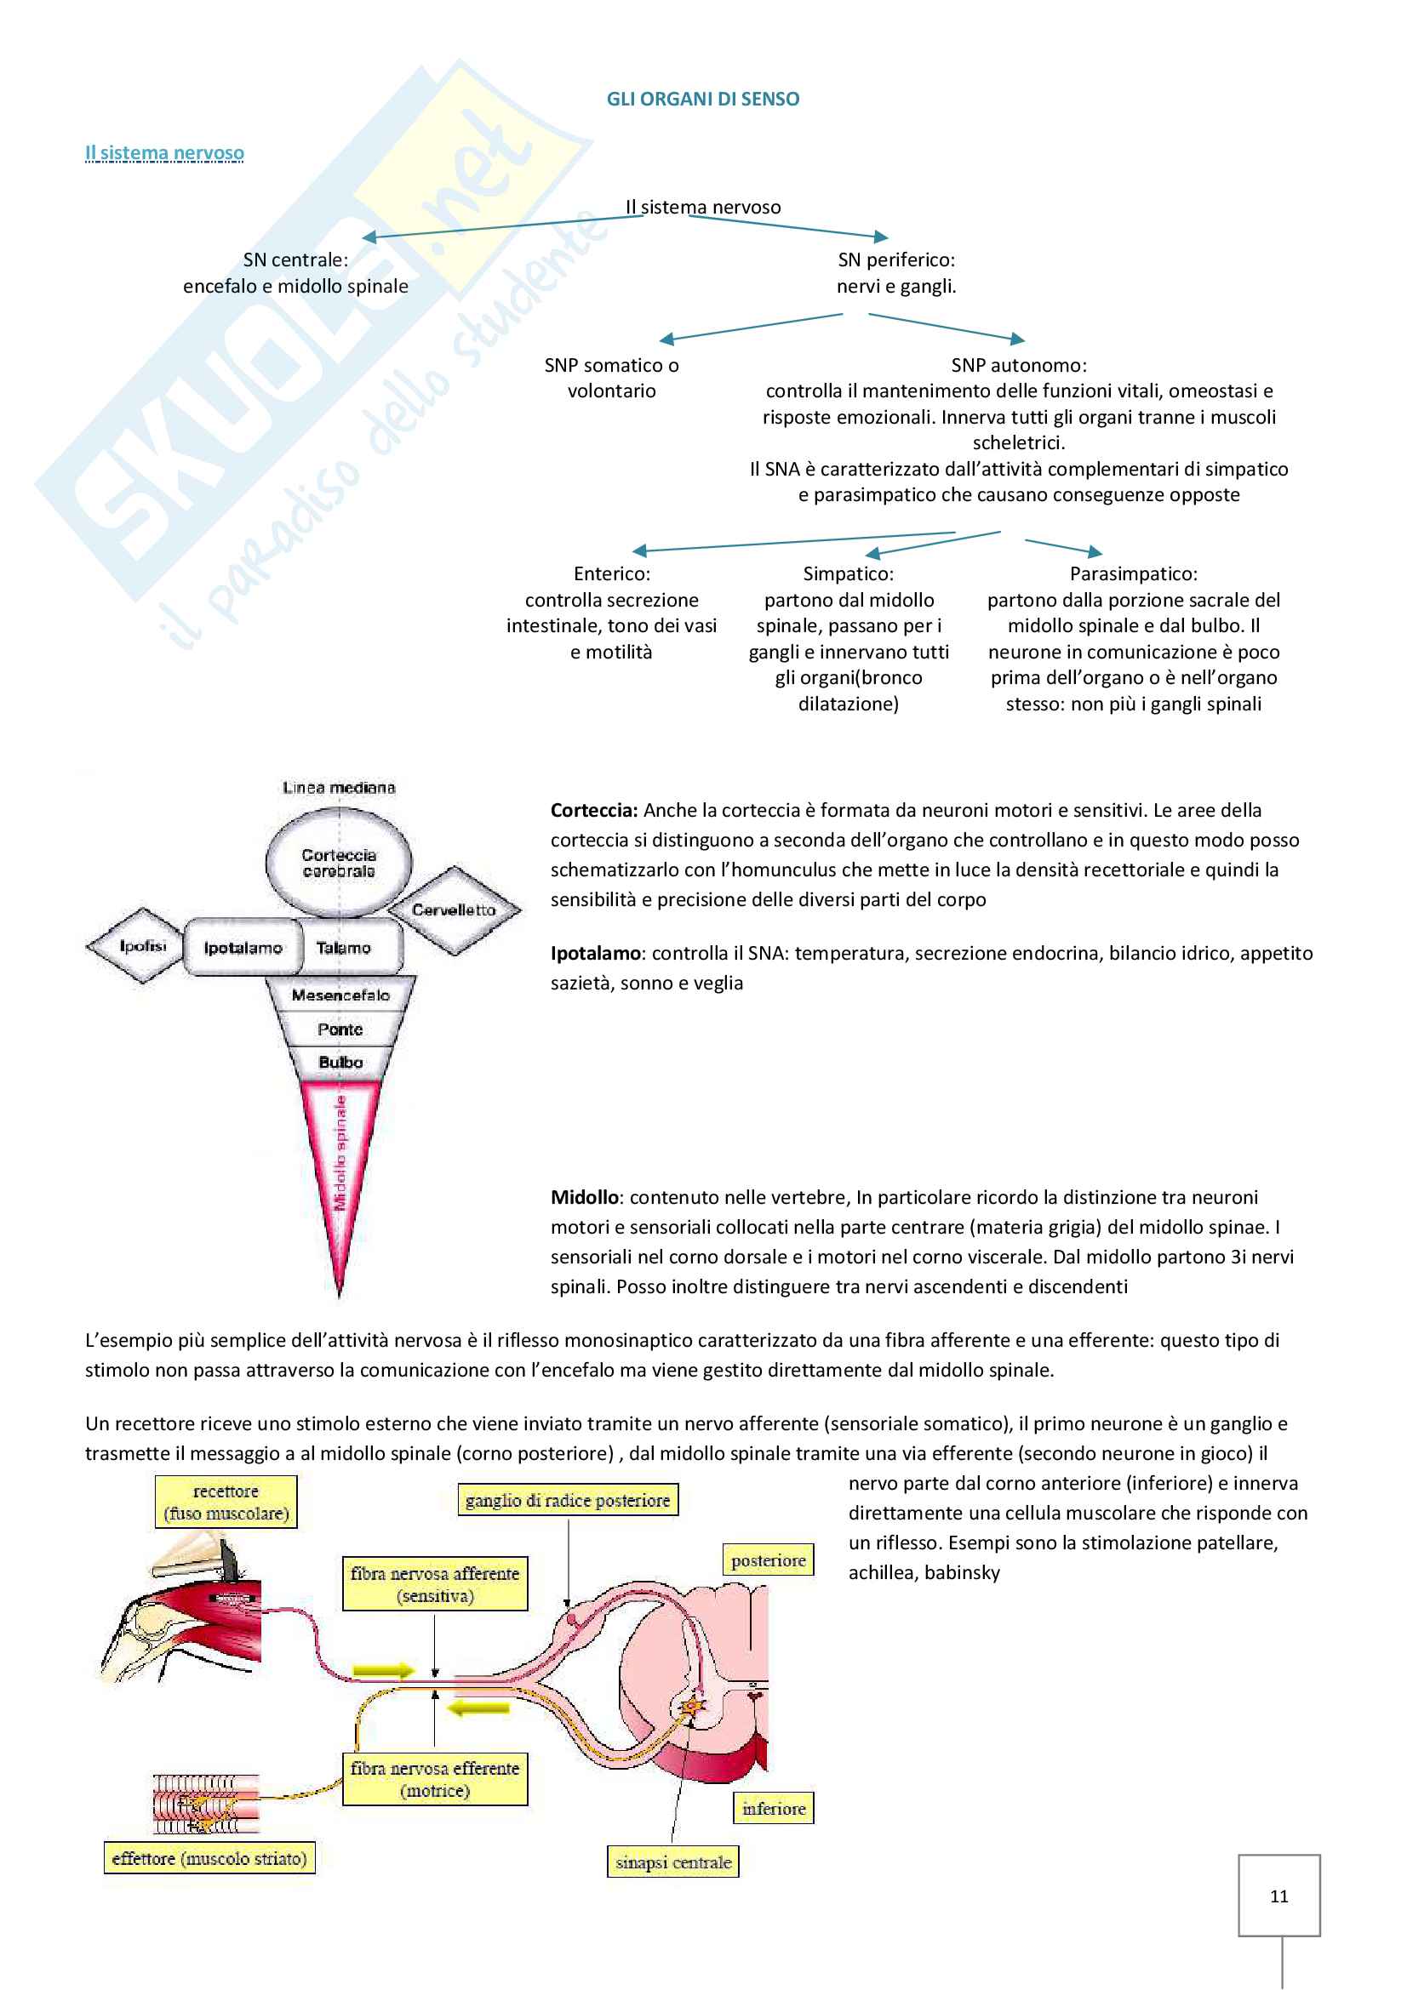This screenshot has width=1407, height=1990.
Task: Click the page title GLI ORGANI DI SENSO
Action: point(702,100)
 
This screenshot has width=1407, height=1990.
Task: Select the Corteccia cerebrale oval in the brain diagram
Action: point(338,863)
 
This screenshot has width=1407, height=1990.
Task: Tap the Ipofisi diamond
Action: point(143,945)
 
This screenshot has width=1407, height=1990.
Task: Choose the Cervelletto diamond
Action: point(454,909)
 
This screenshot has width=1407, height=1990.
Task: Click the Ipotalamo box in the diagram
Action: point(243,947)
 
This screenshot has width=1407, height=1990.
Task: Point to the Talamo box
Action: point(343,947)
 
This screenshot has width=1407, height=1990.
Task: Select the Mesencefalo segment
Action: point(340,995)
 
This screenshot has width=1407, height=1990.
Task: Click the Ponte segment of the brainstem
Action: point(340,1029)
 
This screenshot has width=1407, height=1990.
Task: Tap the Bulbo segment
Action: point(340,1063)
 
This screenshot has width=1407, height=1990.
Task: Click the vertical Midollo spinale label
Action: point(340,1153)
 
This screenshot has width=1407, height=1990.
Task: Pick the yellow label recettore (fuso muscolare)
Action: point(226,1502)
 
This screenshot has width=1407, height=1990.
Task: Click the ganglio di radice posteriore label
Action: point(568,1500)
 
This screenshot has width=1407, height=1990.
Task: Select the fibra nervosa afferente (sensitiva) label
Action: point(434,1584)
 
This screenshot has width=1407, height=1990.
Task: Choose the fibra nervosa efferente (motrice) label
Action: point(434,1779)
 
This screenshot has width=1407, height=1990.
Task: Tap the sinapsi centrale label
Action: point(672,1862)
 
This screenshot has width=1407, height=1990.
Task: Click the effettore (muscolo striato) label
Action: point(209,1858)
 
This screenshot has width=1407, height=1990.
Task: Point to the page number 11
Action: point(1278,1896)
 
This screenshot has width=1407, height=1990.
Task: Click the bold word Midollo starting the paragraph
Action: point(584,1197)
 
